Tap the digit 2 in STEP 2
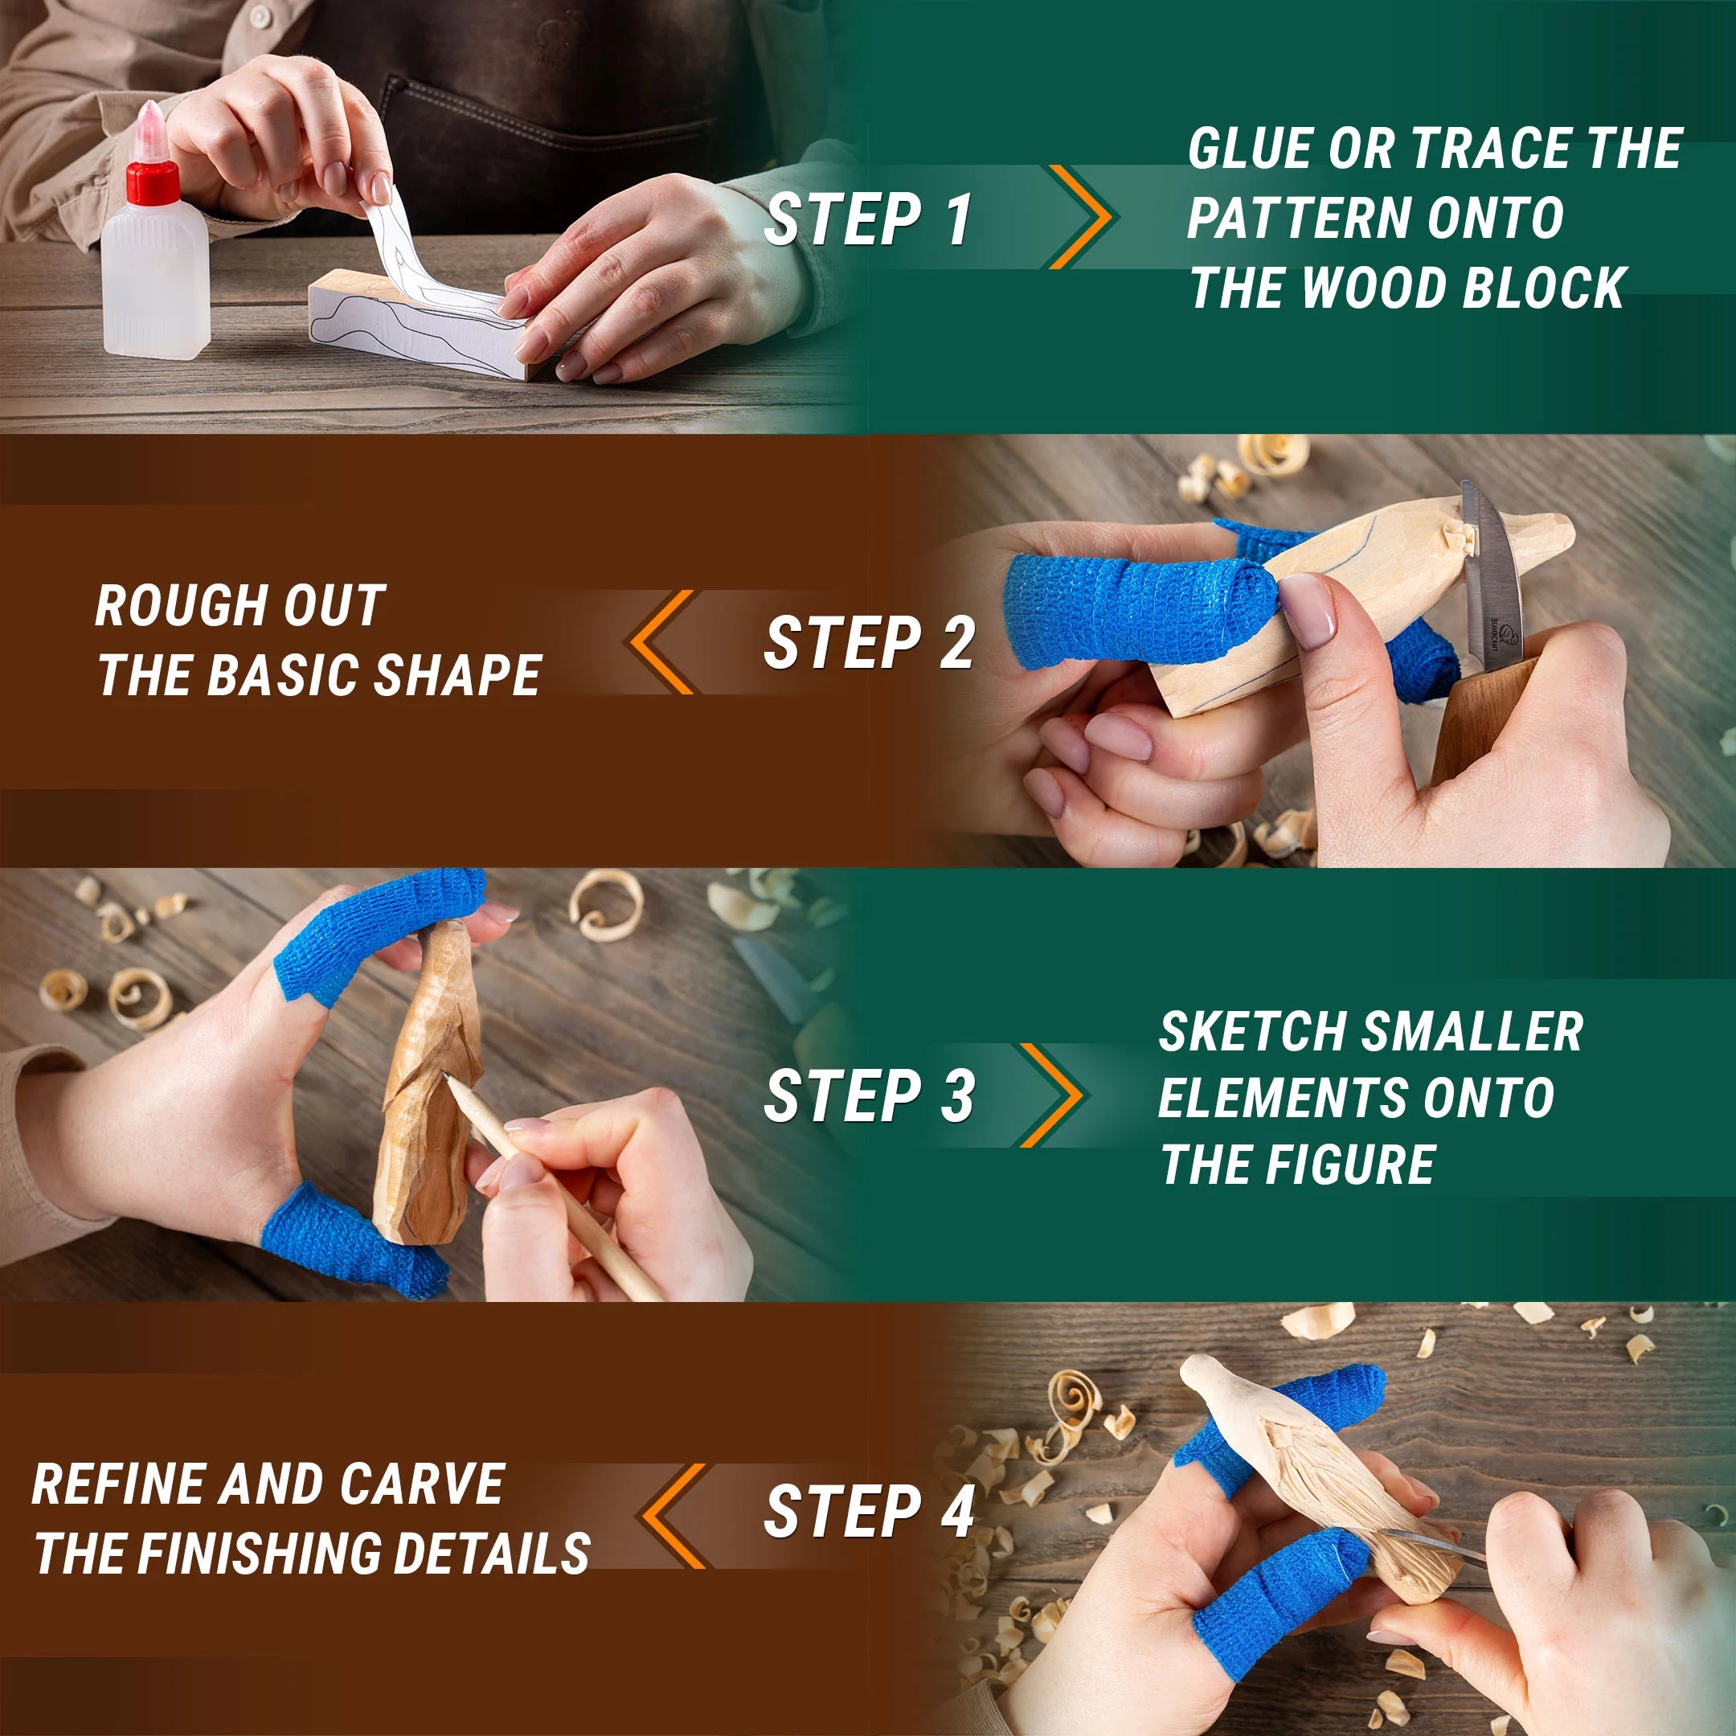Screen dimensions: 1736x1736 coord(958,643)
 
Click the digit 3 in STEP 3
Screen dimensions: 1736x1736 coord(958,1096)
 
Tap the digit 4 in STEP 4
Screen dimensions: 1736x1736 coord(958,1511)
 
